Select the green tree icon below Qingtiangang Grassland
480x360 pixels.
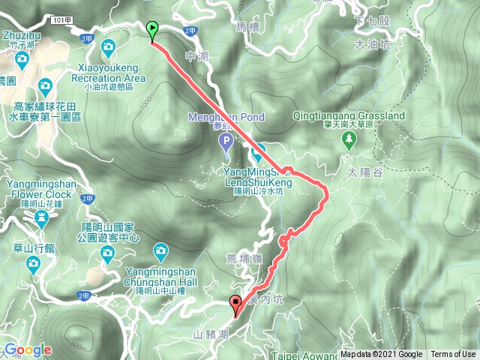[x=349, y=141]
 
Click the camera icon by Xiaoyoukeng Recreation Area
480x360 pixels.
[x=109, y=49]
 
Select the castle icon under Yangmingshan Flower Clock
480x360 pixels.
[x=41, y=218]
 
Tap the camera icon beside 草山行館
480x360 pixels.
[x=33, y=262]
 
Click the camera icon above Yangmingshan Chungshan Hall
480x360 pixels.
[x=160, y=250]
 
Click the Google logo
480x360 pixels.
[x=27, y=349]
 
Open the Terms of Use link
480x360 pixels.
[x=453, y=355]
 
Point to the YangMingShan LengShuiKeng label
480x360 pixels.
[x=258, y=176]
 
